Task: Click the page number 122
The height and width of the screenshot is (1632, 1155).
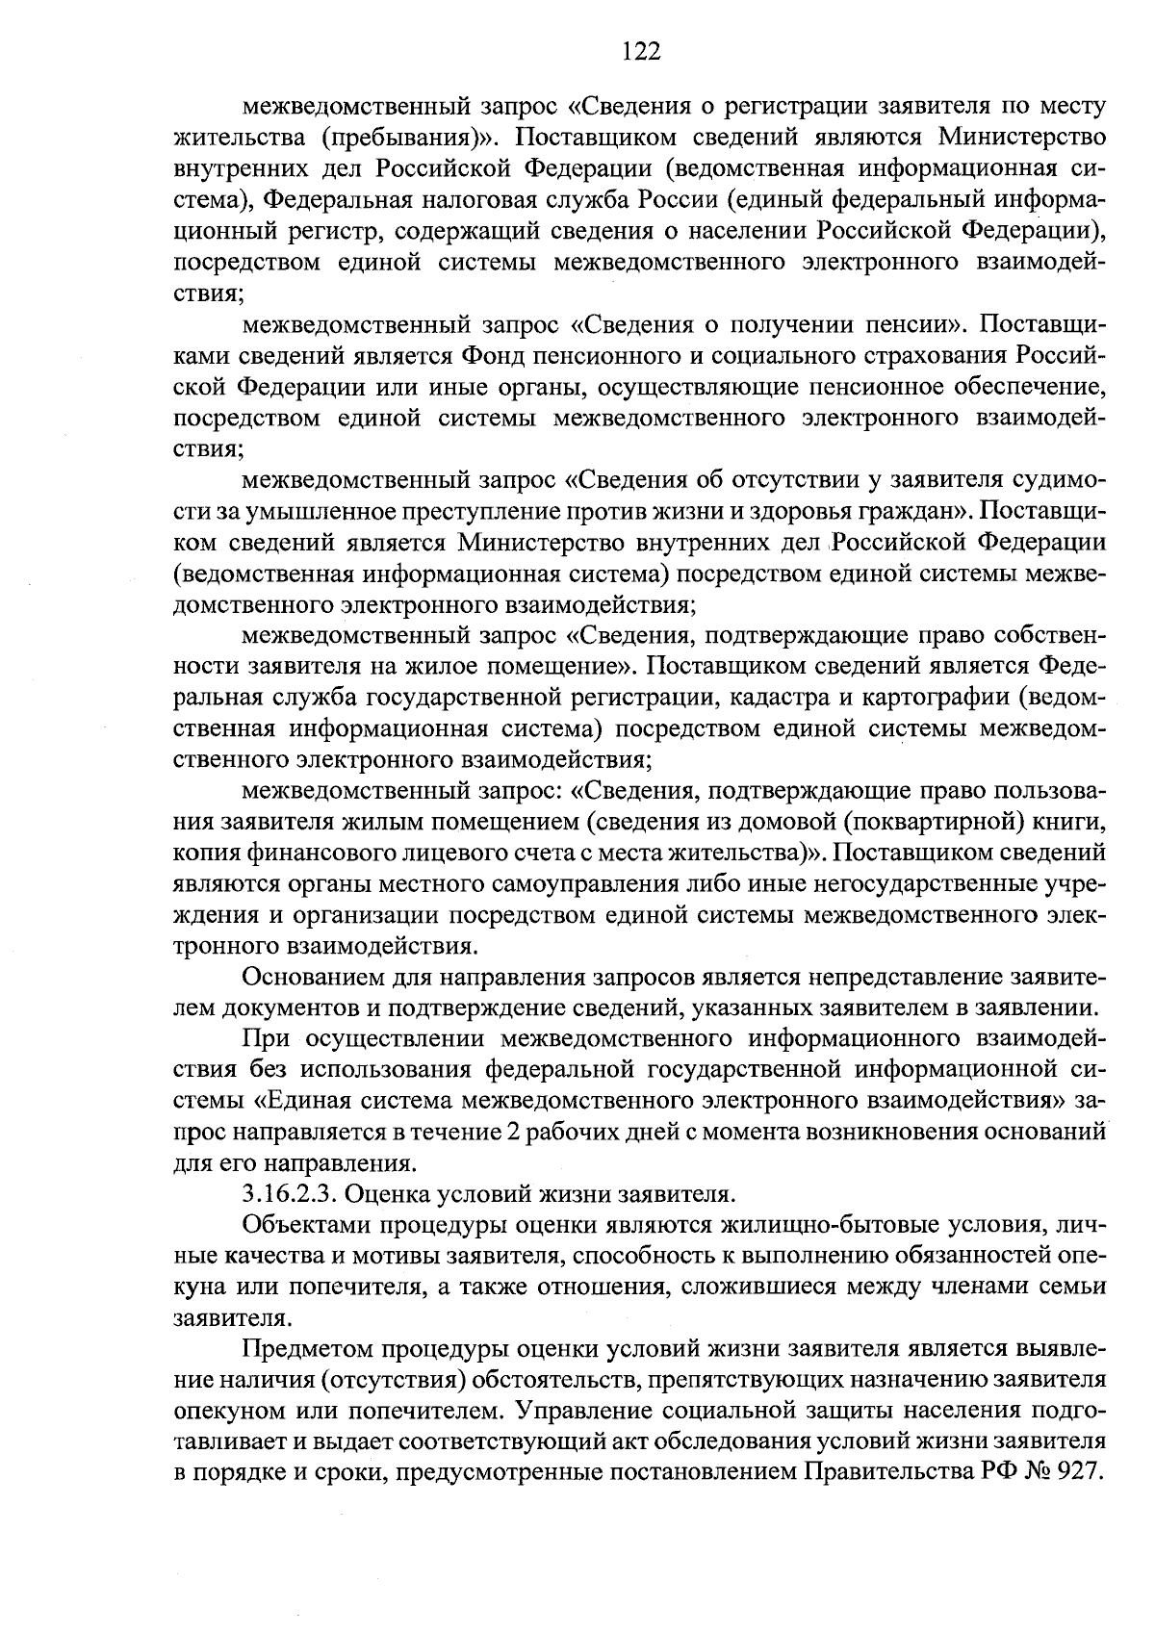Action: (641, 51)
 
